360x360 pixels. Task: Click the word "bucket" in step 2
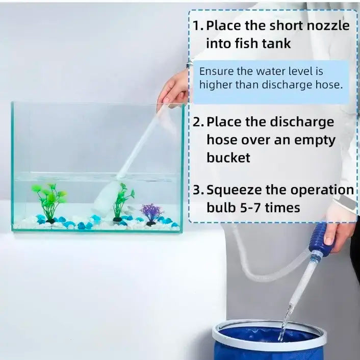pos(228,158)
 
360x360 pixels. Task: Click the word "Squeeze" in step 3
pos(234,191)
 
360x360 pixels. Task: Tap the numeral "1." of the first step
pos(198,25)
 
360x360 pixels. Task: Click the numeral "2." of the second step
pos(198,122)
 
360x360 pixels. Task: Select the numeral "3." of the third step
pos(198,190)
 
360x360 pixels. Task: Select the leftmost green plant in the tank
pos(49,202)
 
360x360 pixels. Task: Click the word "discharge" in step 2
pos(301,122)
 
